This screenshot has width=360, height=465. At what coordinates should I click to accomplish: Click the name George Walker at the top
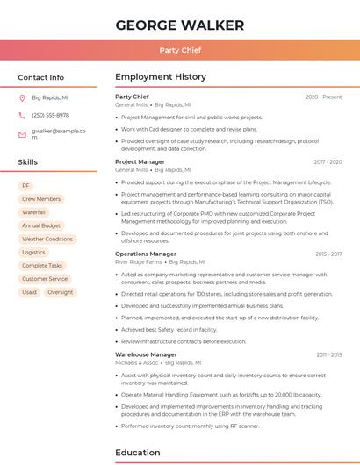point(179,24)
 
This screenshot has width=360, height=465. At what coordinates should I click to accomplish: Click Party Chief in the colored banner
point(179,50)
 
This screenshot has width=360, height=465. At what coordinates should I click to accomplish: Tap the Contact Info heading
point(40,77)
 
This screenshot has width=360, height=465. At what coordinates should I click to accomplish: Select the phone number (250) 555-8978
point(50,115)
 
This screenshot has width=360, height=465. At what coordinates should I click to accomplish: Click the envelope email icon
point(22,133)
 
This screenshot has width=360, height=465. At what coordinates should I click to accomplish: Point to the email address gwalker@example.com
point(59,133)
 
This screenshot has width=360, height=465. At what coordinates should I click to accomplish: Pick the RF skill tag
point(25,186)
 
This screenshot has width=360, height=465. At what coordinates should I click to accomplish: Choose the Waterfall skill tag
point(33,212)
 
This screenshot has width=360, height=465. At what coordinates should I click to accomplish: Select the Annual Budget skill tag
point(41,225)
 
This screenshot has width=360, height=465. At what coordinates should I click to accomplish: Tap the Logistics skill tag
point(33,252)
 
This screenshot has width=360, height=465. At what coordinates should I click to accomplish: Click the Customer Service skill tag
point(45,279)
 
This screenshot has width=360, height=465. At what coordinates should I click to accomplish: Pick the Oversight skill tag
point(61,292)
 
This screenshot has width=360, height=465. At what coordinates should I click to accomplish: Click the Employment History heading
point(161,77)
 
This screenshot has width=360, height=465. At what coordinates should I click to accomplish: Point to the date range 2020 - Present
point(323,97)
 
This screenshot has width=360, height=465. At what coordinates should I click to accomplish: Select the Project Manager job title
point(140,161)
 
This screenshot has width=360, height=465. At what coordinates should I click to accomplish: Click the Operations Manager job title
point(145,254)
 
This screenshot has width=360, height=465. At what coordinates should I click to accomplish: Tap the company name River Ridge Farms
point(139,261)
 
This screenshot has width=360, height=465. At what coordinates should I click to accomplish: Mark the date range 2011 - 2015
point(328,354)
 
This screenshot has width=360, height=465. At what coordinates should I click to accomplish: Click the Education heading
point(137,453)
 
